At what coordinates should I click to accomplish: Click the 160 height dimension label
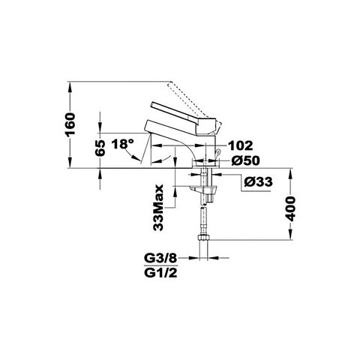pos(70,124)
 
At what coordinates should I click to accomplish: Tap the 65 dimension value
pos(100,148)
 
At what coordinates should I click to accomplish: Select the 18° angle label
pos(122,144)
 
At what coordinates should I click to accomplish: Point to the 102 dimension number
pos(241,145)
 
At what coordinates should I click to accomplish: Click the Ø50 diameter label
pos(245,160)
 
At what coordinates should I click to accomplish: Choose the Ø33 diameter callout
pos(258,181)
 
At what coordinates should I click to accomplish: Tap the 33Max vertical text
pos(158,208)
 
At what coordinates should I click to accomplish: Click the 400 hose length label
pos(290,208)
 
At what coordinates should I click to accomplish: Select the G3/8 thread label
pos(160,258)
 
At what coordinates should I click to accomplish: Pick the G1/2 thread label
pos(160,273)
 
